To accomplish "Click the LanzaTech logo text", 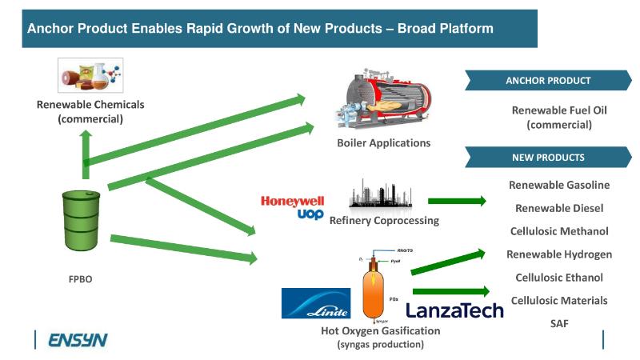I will pyautogui.click(x=454, y=310).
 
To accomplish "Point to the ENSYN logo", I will pyautogui.click(x=78, y=341).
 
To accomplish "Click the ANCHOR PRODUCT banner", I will pyautogui.click(x=548, y=80).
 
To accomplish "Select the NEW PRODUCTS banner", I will pyautogui.click(x=548, y=158).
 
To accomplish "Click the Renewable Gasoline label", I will pyautogui.click(x=559, y=185).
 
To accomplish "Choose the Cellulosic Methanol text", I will pyautogui.click(x=559, y=231).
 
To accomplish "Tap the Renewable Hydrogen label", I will pyautogui.click(x=559, y=254).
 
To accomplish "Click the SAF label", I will pyautogui.click(x=559, y=323).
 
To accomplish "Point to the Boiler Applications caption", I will pyautogui.click(x=384, y=142).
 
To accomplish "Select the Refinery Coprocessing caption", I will pyautogui.click(x=384, y=220).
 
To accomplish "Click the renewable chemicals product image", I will pyautogui.click(x=88, y=77).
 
